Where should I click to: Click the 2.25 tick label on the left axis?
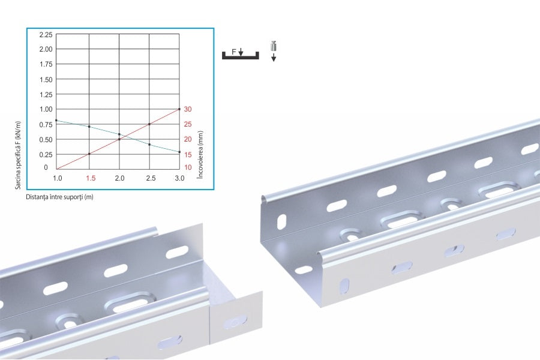point(46,34)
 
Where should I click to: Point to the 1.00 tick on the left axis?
point(46,109)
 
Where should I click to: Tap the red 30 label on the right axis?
point(188,109)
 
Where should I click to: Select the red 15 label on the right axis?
point(188,155)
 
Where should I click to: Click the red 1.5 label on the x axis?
point(91,178)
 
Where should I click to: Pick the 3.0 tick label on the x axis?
point(179,178)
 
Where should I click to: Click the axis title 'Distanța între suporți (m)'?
point(59,197)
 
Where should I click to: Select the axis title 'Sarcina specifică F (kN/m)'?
point(18,155)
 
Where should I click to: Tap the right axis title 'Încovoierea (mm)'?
point(200,155)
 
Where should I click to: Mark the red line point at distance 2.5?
point(149,124)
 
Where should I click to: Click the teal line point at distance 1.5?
point(89,127)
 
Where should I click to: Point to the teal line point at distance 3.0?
point(179,152)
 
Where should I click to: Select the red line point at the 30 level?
point(179,109)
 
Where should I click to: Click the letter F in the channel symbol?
point(234,52)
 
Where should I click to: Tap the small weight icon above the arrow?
point(274,46)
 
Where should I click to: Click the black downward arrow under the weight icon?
point(274,58)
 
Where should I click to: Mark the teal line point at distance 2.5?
point(149,145)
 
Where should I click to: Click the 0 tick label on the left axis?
point(46,167)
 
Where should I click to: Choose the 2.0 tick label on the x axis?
point(119,178)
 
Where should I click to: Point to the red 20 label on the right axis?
point(188,139)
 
